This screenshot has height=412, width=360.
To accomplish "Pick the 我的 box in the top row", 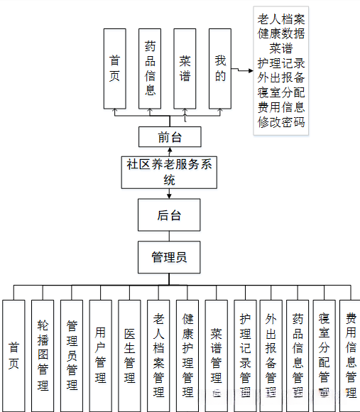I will coord(220,69).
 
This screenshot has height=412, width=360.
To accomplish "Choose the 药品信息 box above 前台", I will coord(150,69).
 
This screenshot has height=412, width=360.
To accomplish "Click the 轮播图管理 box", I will coord(43,355).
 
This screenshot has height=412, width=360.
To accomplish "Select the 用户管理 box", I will coord(101,355).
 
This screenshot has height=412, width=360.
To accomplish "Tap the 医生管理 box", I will coord(129,355).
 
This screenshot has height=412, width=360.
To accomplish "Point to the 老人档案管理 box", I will coord(158,355).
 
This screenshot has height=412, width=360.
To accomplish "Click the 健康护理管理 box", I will coord(187,355).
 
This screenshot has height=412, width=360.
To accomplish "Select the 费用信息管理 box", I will coord(350,355).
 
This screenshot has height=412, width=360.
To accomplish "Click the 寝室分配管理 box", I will coord(324,355).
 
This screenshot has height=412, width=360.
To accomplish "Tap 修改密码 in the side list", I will coord(281,122).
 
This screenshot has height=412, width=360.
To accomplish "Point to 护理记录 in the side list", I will coord(281,63).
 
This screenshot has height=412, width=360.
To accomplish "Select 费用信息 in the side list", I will coord(281,107).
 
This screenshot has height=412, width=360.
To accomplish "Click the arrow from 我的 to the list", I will coord(241,69).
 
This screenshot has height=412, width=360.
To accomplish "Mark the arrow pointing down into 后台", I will coord(169,193).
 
